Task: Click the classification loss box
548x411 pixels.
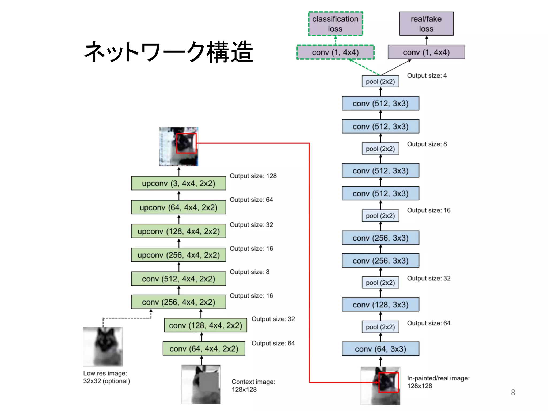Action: click(335, 24)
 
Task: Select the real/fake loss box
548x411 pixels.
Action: click(426, 24)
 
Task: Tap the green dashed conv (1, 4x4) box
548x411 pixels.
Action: click(335, 52)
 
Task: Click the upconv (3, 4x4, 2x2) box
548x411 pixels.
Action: click(178, 183)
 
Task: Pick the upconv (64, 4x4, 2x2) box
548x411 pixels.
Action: click(178, 207)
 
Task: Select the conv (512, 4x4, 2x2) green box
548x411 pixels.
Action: click(178, 279)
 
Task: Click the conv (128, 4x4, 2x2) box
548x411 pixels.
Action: click(205, 325)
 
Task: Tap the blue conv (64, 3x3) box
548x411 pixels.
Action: click(380, 349)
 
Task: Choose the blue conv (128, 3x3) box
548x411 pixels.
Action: click(380, 305)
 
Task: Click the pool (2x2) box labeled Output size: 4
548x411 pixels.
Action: click(380, 81)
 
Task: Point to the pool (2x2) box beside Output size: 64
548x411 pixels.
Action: click(380, 327)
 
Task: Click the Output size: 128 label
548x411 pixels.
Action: click(253, 176)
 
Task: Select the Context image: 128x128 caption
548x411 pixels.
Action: click(253, 386)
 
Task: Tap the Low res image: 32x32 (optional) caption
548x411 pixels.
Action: click(106, 377)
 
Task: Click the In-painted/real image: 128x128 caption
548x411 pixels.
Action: click(438, 382)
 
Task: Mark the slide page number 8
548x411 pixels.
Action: click(513, 392)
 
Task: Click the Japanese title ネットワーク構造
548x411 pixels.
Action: click(169, 52)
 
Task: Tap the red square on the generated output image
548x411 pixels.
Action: click(186, 143)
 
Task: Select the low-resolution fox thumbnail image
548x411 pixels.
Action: click(103, 347)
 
